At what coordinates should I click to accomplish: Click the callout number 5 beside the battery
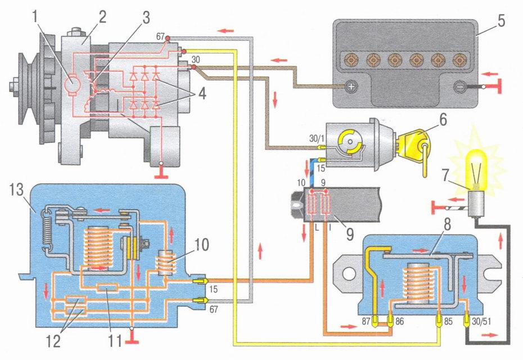point(501,22)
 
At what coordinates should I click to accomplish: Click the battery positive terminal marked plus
point(351,87)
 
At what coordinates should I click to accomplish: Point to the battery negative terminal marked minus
point(460,87)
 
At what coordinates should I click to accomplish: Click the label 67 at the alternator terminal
point(160,37)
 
